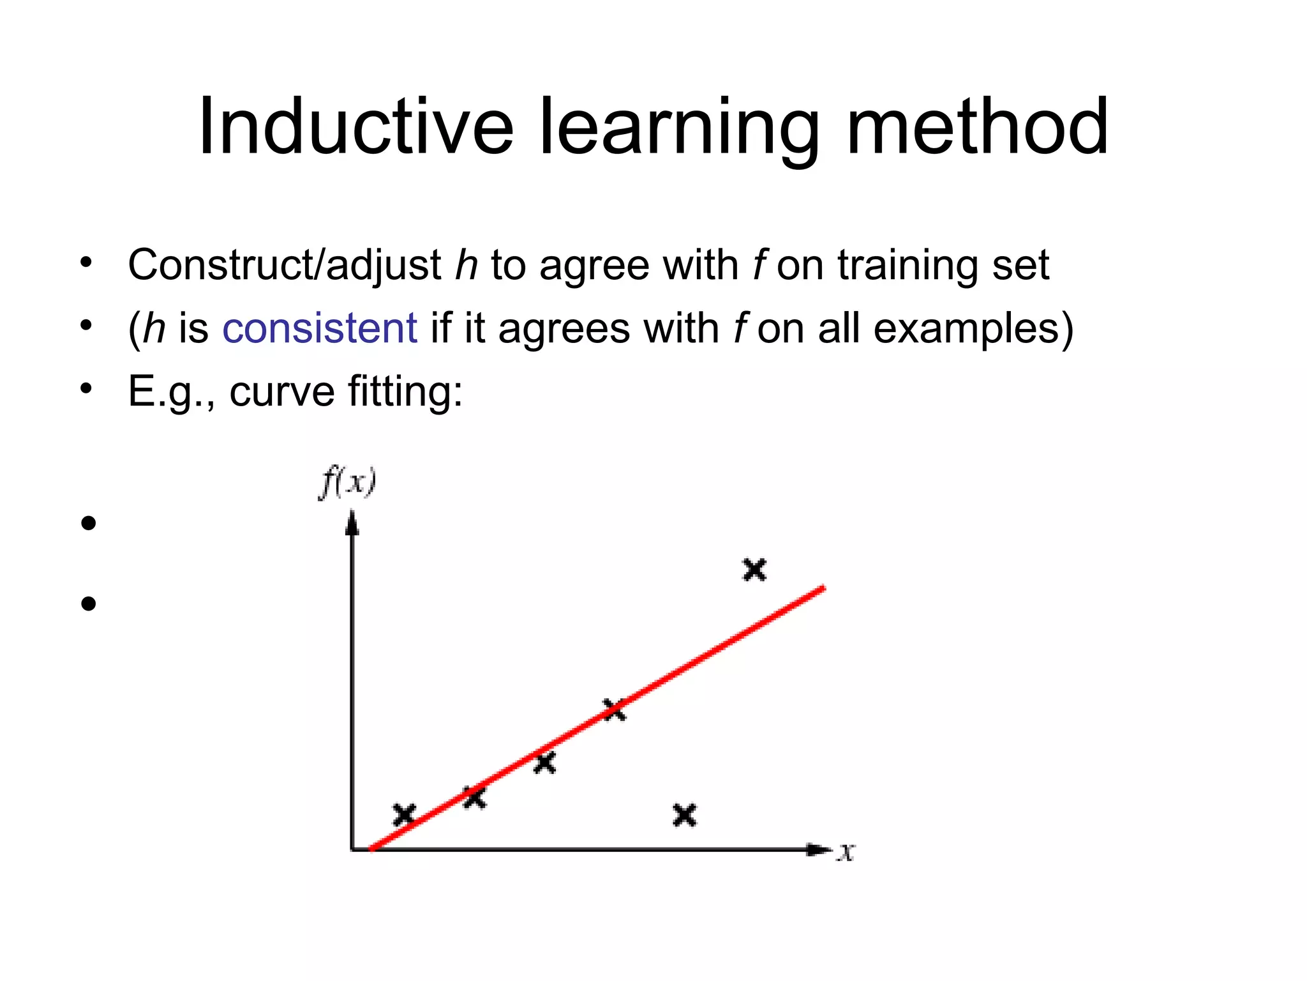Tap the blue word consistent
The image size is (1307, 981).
click(319, 328)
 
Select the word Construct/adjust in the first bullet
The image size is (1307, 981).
click(284, 265)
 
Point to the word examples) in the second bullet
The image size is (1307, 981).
click(973, 328)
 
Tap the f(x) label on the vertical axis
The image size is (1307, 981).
click(348, 482)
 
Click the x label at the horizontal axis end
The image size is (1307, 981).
click(846, 851)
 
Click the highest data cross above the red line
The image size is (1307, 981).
click(754, 569)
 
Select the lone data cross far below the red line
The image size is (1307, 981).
click(685, 815)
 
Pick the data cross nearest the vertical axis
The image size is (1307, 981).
click(404, 815)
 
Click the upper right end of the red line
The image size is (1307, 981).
click(822, 588)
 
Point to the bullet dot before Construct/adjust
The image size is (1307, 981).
click(87, 262)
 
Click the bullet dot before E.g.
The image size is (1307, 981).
click(87, 388)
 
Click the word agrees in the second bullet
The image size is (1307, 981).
click(564, 330)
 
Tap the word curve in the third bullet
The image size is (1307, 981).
click(281, 391)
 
